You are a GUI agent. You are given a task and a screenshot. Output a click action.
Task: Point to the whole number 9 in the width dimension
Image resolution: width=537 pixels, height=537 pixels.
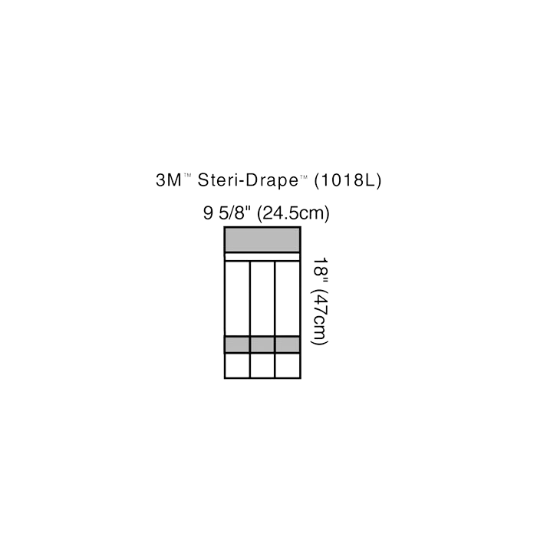click(x=208, y=214)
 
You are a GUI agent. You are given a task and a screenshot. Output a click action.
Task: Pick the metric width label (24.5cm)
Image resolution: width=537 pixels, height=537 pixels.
click(x=292, y=214)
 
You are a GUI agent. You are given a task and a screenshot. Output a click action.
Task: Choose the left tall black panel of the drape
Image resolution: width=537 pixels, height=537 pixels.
click(x=237, y=298)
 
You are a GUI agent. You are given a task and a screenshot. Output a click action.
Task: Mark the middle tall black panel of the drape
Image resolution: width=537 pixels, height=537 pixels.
click(x=262, y=298)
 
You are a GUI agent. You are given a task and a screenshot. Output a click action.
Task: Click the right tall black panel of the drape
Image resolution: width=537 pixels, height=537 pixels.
click(x=286, y=298)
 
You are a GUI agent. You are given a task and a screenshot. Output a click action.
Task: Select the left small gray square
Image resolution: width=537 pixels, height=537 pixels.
click(x=237, y=344)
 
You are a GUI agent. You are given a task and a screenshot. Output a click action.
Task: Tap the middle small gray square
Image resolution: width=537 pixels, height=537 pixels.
click(x=262, y=344)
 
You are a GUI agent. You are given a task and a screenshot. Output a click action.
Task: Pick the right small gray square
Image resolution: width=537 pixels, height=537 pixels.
click(x=286, y=344)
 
